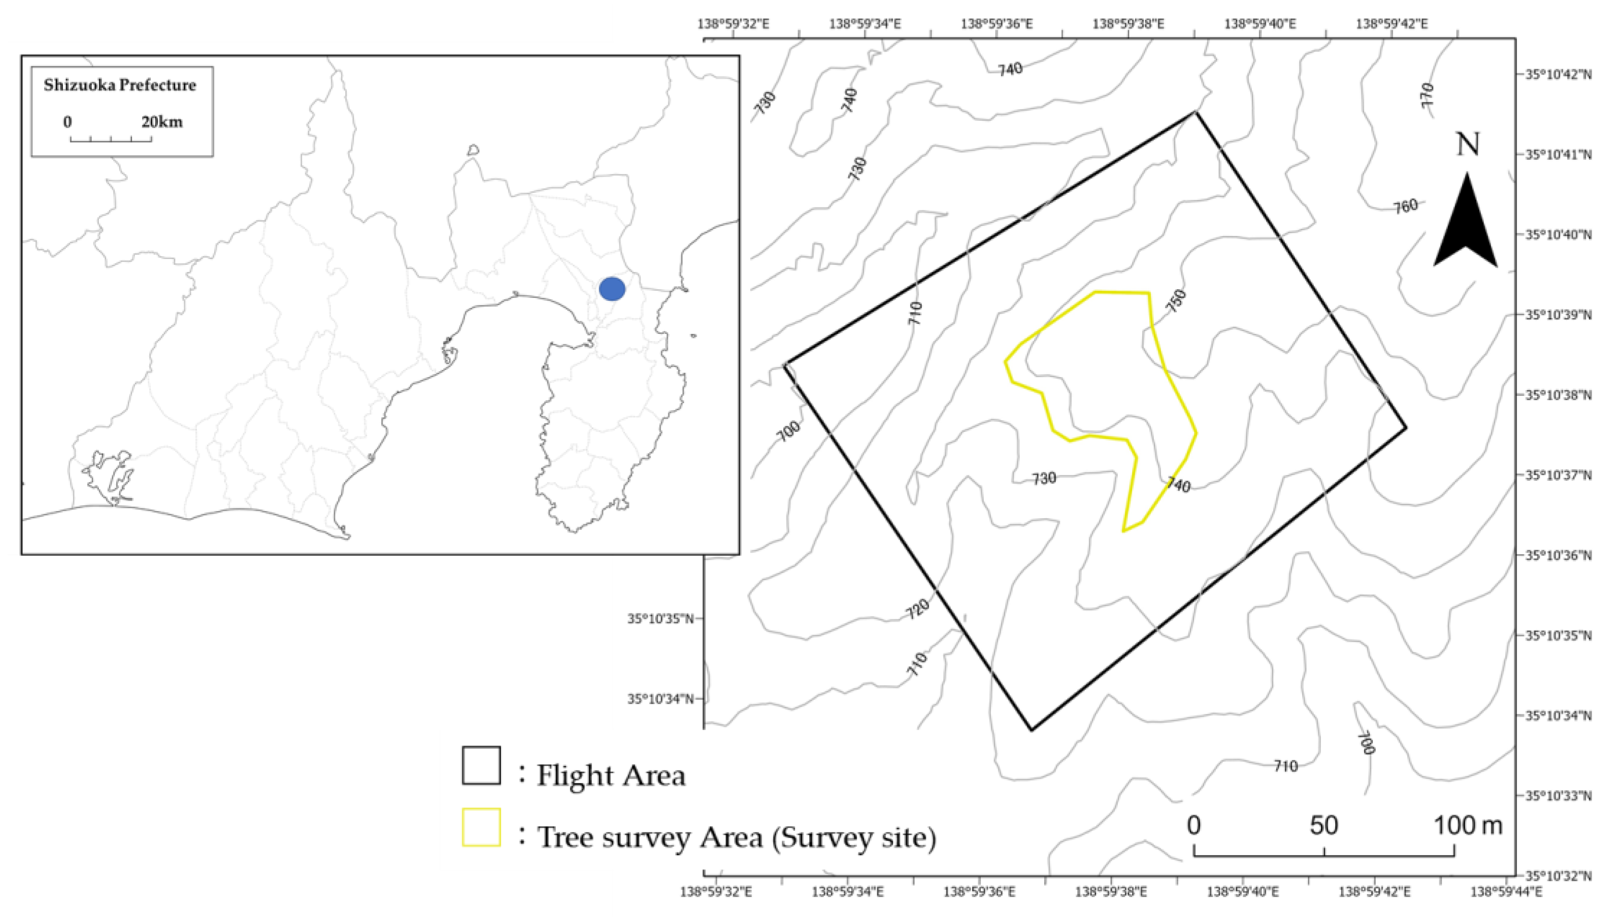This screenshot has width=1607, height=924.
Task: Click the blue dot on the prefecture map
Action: (x=612, y=289)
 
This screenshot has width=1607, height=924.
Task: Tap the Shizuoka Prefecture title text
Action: (x=120, y=85)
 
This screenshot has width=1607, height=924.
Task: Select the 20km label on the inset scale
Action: (x=162, y=121)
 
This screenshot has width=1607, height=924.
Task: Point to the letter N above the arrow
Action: (x=1467, y=145)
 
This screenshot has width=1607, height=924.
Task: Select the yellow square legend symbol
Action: (x=481, y=827)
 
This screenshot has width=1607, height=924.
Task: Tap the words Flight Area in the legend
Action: (x=611, y=775)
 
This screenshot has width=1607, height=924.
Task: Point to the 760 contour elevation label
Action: (x=1405, y=206)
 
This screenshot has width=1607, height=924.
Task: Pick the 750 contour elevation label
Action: (x=1176, y=301)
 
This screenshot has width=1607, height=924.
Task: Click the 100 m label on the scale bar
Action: (x=1468, y=826)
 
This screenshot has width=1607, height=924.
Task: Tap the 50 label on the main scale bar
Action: (x=1324, y=826)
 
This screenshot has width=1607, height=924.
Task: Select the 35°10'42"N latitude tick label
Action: (x=1558, y=75)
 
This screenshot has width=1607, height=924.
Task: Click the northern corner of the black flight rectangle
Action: (x=1195, y=112)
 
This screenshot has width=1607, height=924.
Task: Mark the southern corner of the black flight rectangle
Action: (x=1031, y=730)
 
